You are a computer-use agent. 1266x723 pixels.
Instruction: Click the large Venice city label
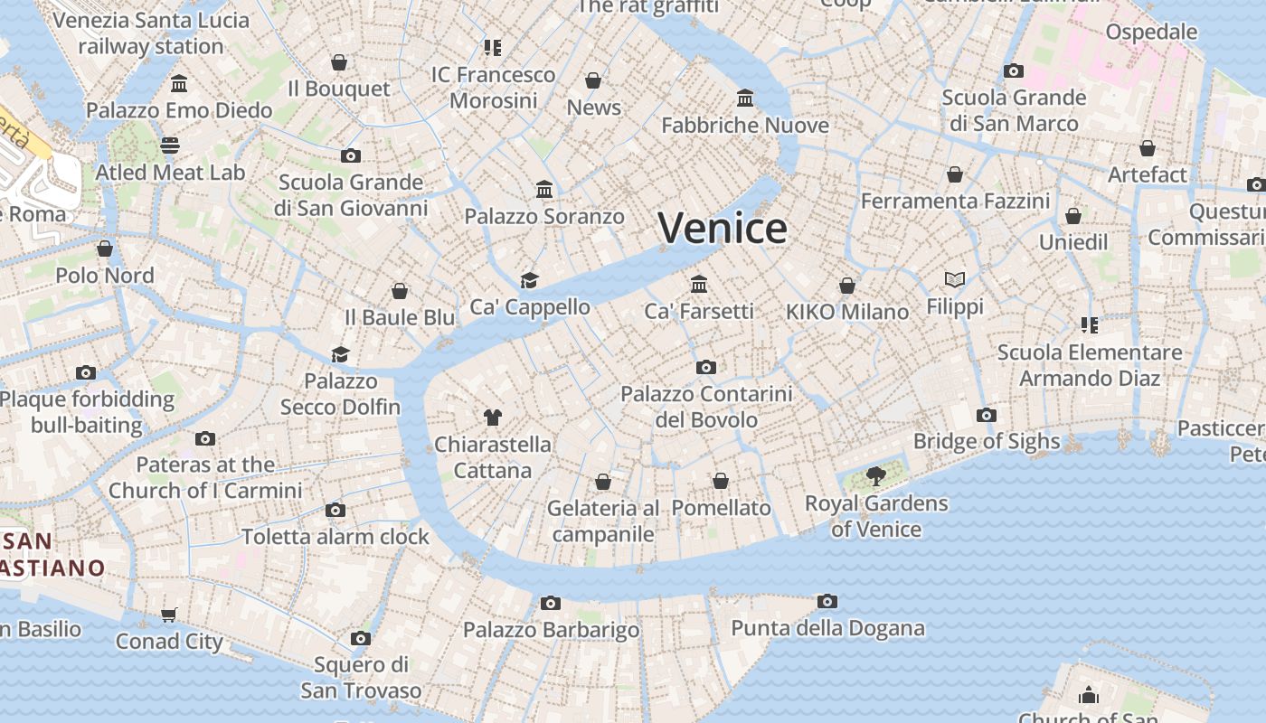pyautogui.click(x=723, y=228)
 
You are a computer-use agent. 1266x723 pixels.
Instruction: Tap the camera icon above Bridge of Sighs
pyautogui.click(x=987, y=416)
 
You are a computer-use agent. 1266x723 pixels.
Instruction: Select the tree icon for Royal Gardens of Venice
pyautogui.click(x=875, y=476)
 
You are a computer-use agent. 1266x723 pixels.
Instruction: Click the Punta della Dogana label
pyautogui.click(x=827, y=628)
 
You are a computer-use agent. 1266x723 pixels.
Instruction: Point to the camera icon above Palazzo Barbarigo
pyautogui.click(x=551, y=603)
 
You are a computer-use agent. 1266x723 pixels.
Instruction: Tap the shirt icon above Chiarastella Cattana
pyautogui.click(x=492, y=418)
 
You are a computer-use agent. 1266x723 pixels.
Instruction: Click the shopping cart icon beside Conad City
pyautogui.click(x=168, y=615)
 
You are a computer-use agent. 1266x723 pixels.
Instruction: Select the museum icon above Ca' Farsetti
pyautogui.click(x=699, y=285)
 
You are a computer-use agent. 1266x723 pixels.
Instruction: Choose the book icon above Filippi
pyautogui.click(x=955, y=280)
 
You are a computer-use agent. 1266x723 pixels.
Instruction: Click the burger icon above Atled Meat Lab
pyautogui.click(x=170, y=146)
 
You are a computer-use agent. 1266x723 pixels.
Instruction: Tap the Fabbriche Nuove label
pyautogui.click(x=745, y=125)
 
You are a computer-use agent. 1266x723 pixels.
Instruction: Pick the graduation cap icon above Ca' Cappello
pyautogui.click(x=529, y=281)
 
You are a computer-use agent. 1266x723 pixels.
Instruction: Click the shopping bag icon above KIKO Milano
pyautogui.click(x=847, y=286)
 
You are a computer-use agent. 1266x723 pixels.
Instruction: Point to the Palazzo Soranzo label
pyautogui.click(x=544, y=216)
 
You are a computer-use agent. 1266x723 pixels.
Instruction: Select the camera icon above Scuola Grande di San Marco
pyautogui.click(x=1014, y=70)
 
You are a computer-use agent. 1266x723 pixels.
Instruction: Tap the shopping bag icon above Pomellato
pyautogui.click(x=721, y=481)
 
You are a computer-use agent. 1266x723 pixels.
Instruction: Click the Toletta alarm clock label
pyautogui.click(x=335, y=537)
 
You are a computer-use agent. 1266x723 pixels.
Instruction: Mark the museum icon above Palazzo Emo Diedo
pyautogui.click(x=179, y=84)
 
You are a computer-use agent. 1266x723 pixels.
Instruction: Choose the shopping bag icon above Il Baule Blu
pyautogui.click(x=400, y=291)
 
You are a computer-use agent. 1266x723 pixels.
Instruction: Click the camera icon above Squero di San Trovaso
pyautogui.click(x=361, y=639)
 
